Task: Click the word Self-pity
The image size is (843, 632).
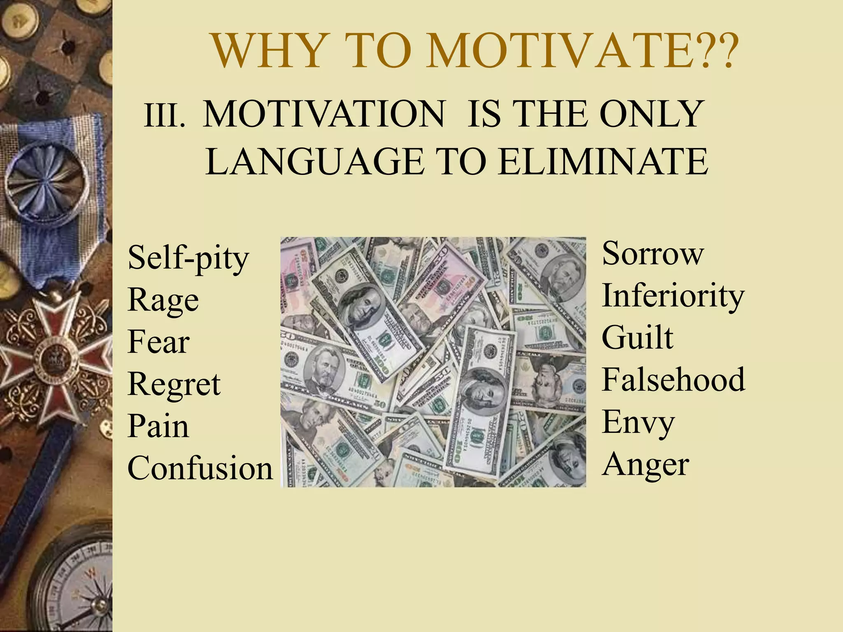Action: click(188, 258)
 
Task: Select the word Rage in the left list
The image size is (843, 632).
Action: click(163, 300)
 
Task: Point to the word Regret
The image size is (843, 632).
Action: click(174, 384)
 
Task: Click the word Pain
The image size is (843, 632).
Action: click(158, 426)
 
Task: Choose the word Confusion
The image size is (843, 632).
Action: click(200, 468)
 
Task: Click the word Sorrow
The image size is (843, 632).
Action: click(652, 253)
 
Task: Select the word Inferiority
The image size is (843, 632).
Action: click(673, 296)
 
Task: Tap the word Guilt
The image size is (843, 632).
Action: click(637, 337)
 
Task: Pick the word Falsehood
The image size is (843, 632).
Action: click(673, 379)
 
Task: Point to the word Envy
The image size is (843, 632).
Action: click(638, 422)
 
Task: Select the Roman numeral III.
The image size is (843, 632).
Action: click(164, 116)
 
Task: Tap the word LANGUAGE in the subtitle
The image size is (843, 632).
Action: click(314, 161)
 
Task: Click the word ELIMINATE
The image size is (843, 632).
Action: click(603, 161)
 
